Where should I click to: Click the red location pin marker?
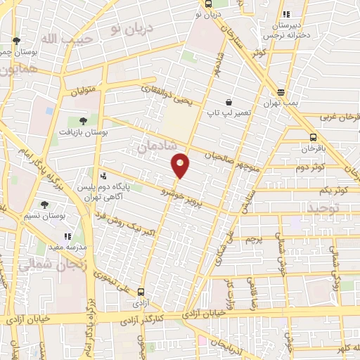tap(181, 165)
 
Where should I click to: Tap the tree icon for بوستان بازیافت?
tap(83, 121)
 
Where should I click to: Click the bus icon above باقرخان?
tap(312, 138)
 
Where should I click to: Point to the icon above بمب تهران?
tap(281, 92)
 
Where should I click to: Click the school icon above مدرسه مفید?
tap(67, 237)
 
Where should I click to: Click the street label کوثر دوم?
tap(309, 167)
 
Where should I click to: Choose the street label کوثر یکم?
tap(315, 191)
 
